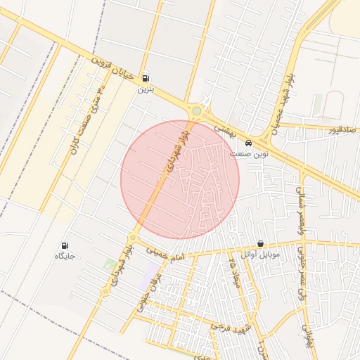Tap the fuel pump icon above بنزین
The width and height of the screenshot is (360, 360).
tap(146, 78)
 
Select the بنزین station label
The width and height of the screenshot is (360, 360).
tap(145, 89)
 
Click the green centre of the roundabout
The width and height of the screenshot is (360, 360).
tap(196, 110)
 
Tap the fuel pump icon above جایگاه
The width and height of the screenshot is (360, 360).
tap(65, 246)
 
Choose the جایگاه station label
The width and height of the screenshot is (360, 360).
tap(65, 257)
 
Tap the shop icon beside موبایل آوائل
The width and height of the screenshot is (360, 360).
tap(261, 243)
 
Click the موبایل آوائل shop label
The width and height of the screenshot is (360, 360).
tap(261, 254)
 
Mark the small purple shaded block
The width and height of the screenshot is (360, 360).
tap(150, 277)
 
